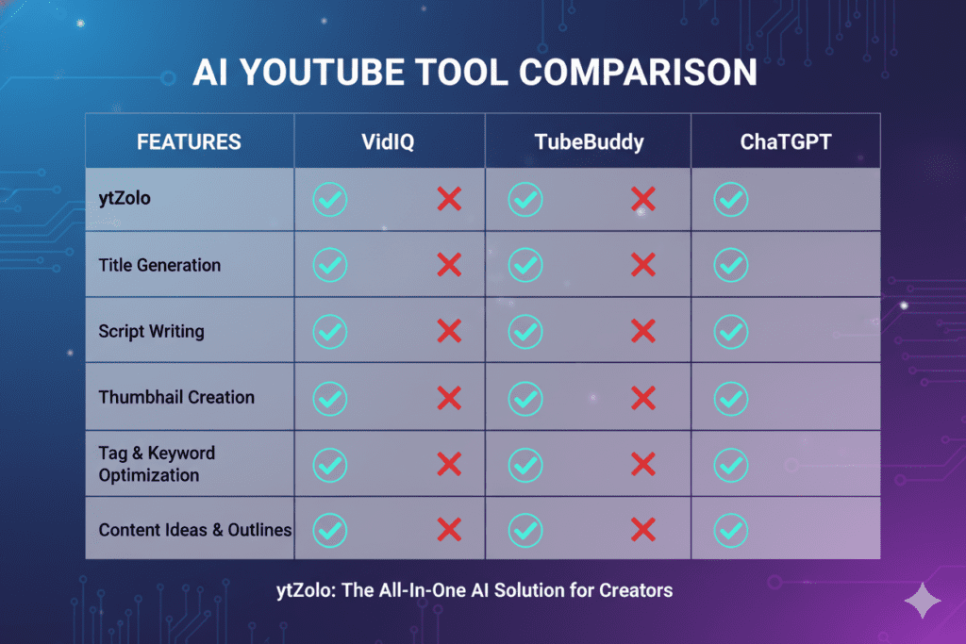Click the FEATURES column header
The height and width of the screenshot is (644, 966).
click(x=189, y=143)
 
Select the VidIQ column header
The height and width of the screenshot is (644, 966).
click(x=389, y=143)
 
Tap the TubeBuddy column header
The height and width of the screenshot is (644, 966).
click(x=588, y=143)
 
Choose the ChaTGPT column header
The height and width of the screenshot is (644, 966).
click(x=785, y=143)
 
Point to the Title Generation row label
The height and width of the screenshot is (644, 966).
click(x=159, y=265)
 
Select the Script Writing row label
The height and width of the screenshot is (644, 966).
click(x=151, y=331)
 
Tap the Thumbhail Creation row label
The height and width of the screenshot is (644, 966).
click(x=176, y=397)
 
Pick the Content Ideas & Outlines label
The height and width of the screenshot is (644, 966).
click(x=195, y=530)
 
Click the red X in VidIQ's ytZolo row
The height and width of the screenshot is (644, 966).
click(x=449, y=199)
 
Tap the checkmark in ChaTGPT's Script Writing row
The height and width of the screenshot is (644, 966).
click(x=731, y=331)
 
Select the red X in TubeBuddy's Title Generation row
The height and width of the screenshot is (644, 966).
click(x=642, y=265)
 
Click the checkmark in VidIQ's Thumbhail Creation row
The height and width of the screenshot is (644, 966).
click(x=330, y=397)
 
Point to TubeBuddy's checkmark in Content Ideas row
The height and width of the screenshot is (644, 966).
click(x=525, y=530)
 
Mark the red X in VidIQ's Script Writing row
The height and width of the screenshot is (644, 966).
click(x=449, y=331)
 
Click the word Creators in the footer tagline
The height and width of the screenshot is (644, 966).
click(x=636, y=591)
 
